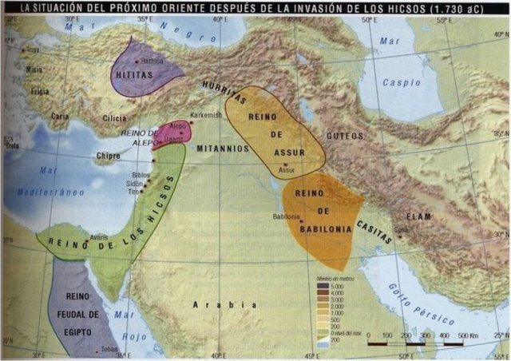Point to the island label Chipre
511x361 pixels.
[x=108, y=156]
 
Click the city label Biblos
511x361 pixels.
[x=140, y=173]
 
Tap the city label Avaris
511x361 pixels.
[x=99, y=236]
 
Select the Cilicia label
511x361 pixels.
[x=114, y=118]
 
